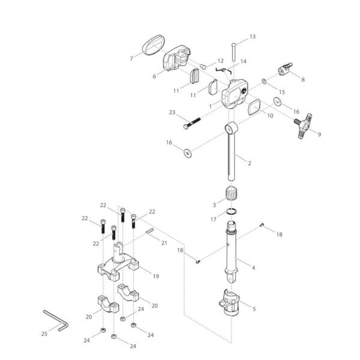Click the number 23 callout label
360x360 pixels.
172,112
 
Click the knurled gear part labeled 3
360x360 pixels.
232,195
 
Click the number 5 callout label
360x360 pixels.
254,309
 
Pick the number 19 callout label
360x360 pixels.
155,277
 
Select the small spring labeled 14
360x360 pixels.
222,71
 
